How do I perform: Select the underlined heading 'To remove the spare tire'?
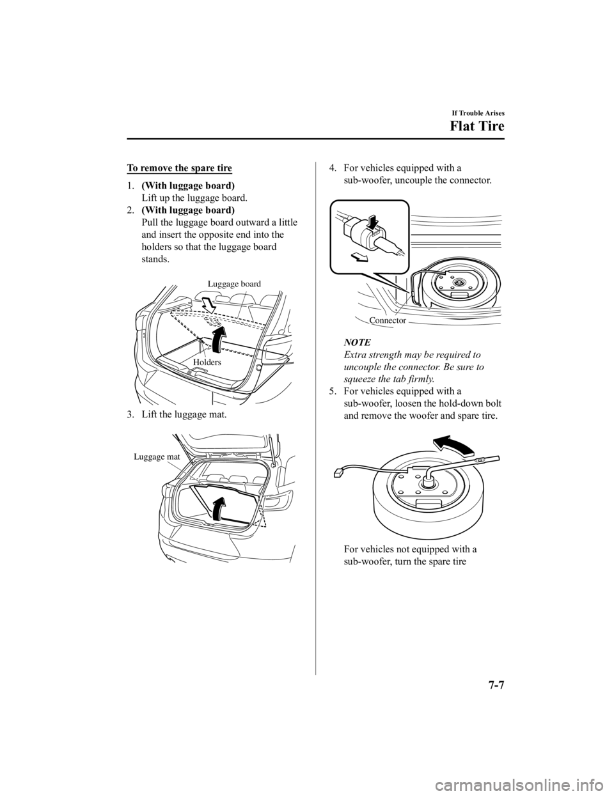180,168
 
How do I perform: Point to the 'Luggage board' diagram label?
235,283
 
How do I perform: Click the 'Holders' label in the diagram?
207,362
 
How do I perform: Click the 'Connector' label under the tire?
388,320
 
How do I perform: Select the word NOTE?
357,343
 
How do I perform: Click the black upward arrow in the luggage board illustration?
219,340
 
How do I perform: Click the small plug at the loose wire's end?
338,474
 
